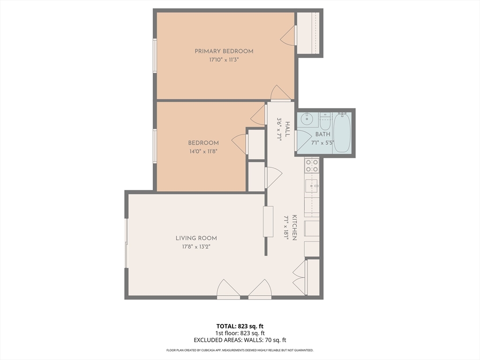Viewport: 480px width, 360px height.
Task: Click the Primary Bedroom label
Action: pyautogui.click(x=224, y=51)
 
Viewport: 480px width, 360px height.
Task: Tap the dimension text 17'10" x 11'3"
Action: pyautogui.click(x=224, y=60)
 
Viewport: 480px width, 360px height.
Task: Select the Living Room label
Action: pyautogui.click(x=196, y=238)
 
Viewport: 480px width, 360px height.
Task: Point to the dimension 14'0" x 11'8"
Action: pyautogui.click(x=203, y=151)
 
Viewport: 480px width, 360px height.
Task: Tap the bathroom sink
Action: pyautogui.click(x=307, y=120)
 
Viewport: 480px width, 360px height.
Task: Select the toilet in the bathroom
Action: pyautogui.click(x=326, y=121)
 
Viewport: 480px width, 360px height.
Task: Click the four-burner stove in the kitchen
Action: pyautogui.click(x=312, y=165)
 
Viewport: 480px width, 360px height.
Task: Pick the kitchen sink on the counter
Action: pyautogui.click(x=311, y=187)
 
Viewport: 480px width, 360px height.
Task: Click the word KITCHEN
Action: pyautogui.click(x=294, y=227)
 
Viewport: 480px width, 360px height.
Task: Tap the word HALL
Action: pyautogui.click(x=287, y=129)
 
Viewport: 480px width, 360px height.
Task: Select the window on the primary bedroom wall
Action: pyautogui.click(x=155, y=56)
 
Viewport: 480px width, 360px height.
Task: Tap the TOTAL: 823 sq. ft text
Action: pyautogui.click(x=240, y=326)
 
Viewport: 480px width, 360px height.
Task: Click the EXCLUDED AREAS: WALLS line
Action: pyautogui.click(x=240, y=340)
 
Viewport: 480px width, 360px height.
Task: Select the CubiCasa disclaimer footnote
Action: pyautogui.click(x=240, y=350)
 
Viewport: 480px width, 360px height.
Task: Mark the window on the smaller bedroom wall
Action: pyautogui.click(x=155, y=146)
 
